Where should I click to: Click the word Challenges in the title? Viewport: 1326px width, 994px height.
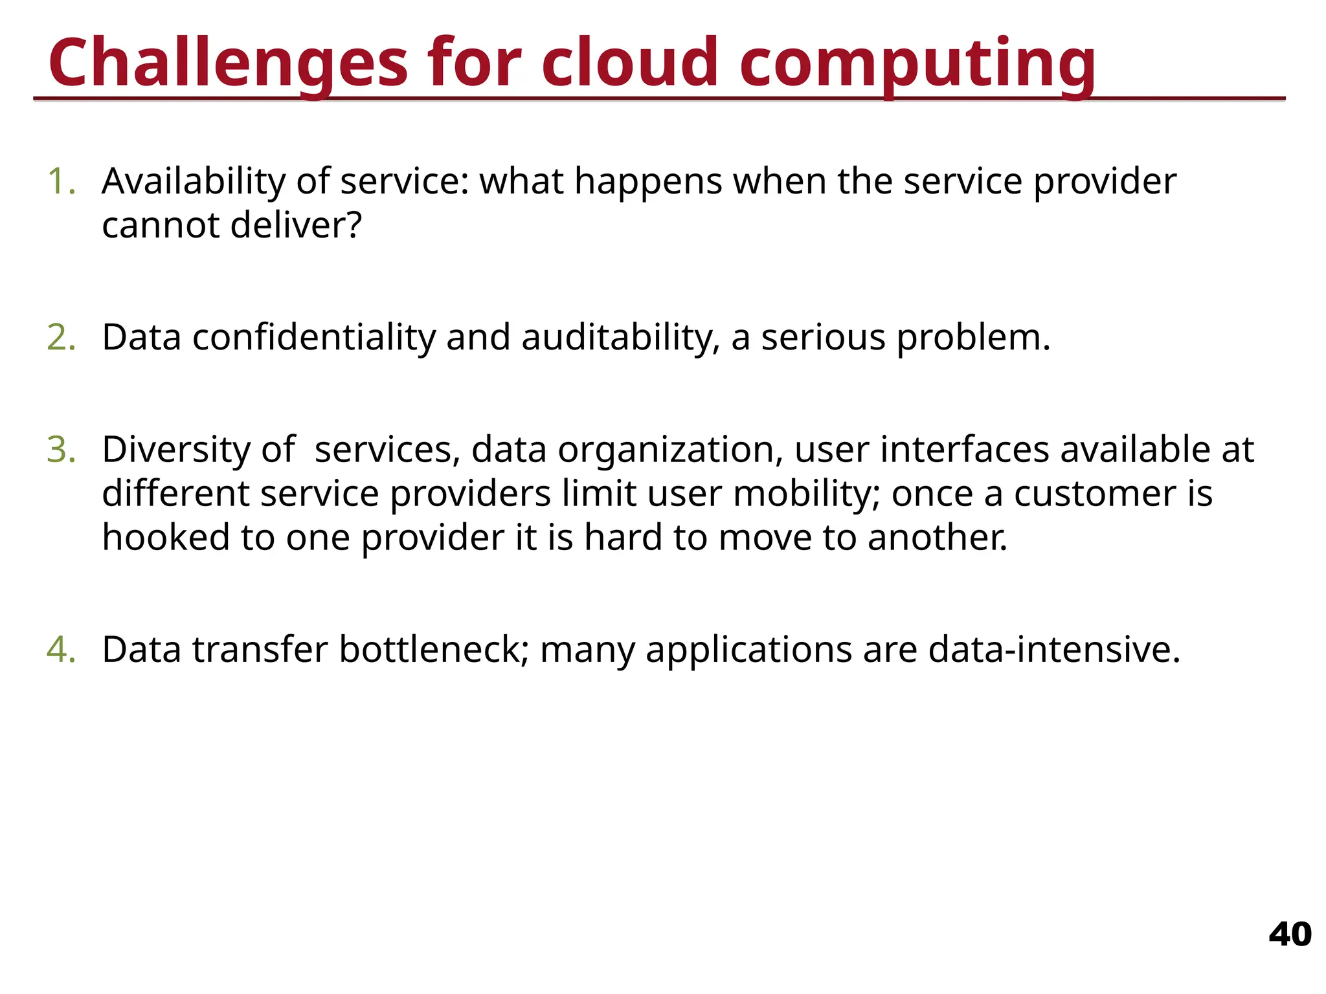click(x=227, y=63)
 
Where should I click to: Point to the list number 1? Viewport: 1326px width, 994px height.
click(x=62, y=181)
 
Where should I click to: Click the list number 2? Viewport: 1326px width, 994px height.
click(x=62, y=338)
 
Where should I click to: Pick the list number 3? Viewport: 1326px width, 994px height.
click(x=62, y=450)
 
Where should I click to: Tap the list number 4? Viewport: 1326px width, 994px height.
click(x=62, y=650)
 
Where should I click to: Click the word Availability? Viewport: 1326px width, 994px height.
click(x=193, y=181)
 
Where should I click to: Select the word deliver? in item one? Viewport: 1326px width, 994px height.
click(x=296, y=225)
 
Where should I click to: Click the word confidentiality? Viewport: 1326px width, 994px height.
click(x=314, y=338)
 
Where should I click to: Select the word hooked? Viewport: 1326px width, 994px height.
click(x=166, y=538)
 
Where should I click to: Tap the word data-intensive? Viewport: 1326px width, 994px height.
click(x=1054, y=650)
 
